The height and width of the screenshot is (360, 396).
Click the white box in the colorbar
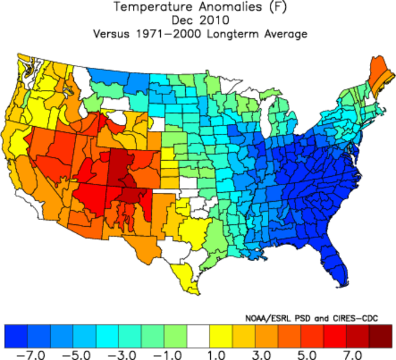pos(199,336)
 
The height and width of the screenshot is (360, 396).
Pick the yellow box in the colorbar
pos(222,336)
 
